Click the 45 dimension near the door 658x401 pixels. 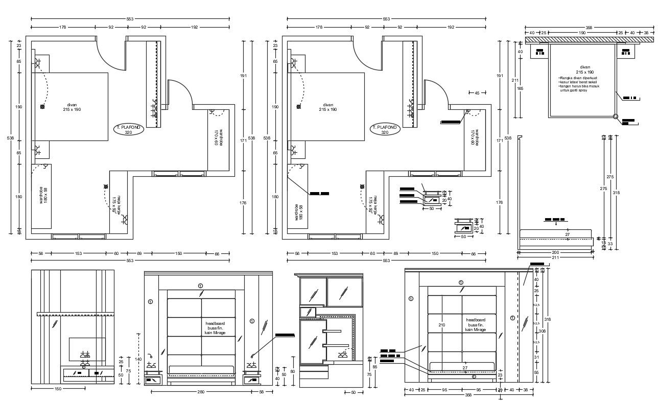pos(477,93)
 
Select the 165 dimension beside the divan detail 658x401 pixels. pos(521,88)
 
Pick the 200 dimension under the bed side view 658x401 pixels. pos(555,252)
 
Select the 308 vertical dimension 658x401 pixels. pos(542,331)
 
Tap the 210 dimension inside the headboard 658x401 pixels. pos(442,325)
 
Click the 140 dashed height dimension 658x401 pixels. pos(138,359)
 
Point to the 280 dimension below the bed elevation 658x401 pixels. pos(201,392)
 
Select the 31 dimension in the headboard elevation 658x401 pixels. pos(536,357)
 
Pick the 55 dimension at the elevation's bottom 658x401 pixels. pos(536,373)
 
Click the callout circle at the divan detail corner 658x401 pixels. pos(616,116)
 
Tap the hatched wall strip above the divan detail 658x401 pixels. pos(582,40)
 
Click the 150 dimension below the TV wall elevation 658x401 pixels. pos(58,389)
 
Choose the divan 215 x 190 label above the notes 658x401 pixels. pos(585,69)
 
